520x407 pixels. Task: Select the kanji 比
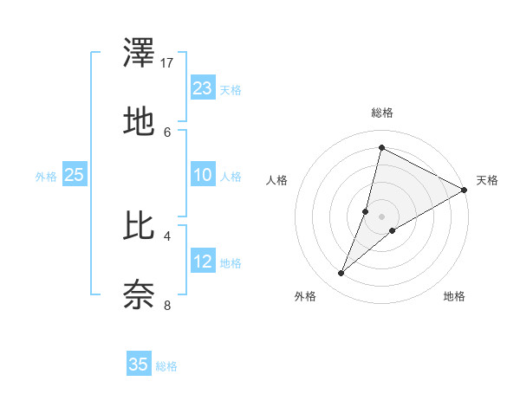tap(139, 228)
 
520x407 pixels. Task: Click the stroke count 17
tap(168, 62)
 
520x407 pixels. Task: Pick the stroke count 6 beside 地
tap(167, 132)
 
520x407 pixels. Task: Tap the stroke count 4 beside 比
tap(167, 235)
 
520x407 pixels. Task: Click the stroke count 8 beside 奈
tap(167, 304)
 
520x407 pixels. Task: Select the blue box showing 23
tap(203, 88)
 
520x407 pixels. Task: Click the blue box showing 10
tap(203, 175)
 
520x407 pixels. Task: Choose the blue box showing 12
tap(203, 262)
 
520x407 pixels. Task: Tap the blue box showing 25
tap(75, 175)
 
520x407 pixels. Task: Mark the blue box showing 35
tap(139, 365)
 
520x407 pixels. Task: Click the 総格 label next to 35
tap(166, 366)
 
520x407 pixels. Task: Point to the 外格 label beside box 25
tap(46, 177)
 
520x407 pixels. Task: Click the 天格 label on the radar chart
tap(488, 180)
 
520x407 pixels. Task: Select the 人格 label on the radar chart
tap(277, 180)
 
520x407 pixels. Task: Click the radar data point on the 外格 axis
tap(341, 274)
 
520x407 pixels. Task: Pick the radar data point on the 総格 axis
tap(381, 148)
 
